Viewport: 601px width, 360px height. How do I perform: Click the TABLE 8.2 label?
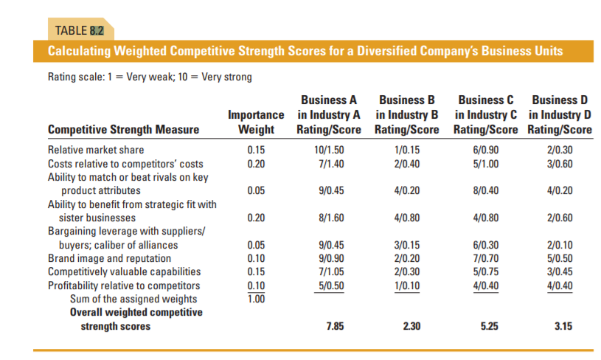(x=80, y=30)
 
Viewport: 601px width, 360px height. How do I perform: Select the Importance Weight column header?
(x=256, y=122)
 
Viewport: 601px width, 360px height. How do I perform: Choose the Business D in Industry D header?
(x=560, y=115)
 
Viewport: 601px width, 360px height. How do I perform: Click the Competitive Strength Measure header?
(x=123, y=130)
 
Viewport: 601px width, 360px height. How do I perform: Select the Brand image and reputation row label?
(x=109, y=258)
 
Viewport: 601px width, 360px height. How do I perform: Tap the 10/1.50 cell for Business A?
(x=329, y=150)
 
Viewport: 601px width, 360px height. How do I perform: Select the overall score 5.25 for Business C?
(x=489, y=325)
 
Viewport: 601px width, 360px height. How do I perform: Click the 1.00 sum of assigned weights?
(x=254, y=298)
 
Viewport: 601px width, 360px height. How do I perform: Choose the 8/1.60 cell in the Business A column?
(x=329, y=218)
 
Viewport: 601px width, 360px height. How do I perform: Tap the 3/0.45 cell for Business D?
(x=557, y=271)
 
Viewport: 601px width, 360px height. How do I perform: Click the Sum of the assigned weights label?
(x=133, y=298)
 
